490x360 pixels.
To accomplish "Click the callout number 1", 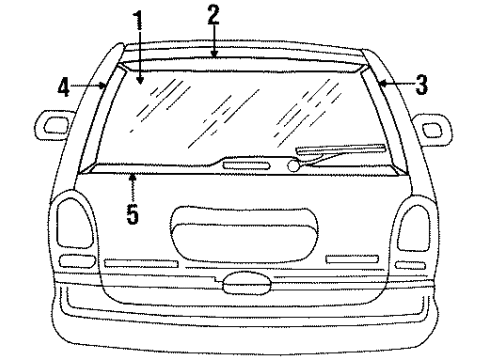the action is [x=140, y=19].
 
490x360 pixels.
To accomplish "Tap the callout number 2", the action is [x=213, y=14].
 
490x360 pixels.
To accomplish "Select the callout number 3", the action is [x=421, y=86].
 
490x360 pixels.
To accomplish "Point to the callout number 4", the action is [x=63, y=87].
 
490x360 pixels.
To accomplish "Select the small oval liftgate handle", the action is [x=244, y=285].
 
